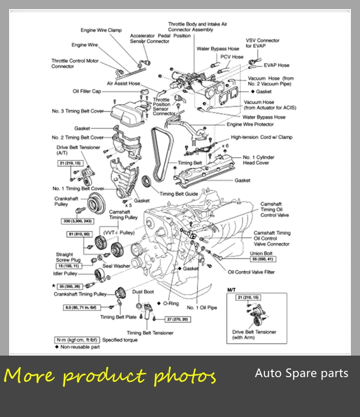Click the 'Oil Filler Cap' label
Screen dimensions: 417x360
coord(87,91)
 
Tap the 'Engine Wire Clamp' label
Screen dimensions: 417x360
coord(101,30)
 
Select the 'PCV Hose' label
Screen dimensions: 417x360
coord(232,57)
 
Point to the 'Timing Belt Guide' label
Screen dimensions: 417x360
coord(179,194)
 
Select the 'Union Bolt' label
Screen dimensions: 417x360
coord(262,253)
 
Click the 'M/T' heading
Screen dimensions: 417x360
coord(232,290)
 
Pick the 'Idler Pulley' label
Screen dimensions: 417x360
coord(65,274)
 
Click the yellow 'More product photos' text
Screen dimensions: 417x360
coord(110,376)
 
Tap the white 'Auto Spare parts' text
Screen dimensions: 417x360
coord(301,373)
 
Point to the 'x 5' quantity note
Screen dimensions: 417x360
coord(128,205)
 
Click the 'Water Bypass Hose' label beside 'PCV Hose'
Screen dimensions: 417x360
coord(217,48)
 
